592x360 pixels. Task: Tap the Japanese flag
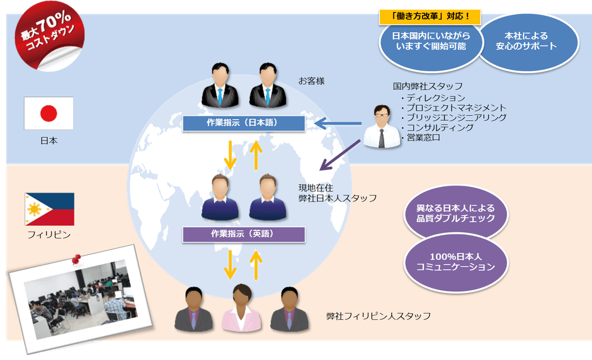(x=48, y=113)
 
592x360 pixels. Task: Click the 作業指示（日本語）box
(x=243, y=123)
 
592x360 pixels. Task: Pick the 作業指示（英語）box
(x=243, y=234)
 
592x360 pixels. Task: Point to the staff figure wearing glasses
(x=382, y=126)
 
